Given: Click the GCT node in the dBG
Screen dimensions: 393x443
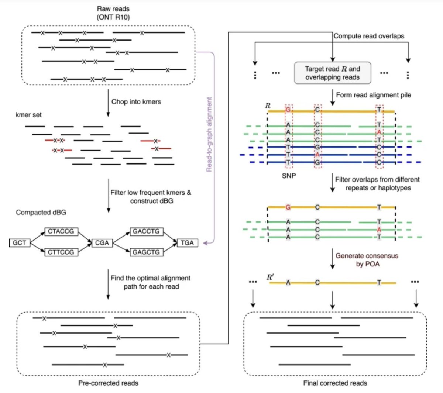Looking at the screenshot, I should tap(19, 242).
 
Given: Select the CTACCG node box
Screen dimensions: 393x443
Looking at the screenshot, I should tap(61, 231).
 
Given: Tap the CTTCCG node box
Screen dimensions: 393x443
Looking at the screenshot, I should tap(61, 252).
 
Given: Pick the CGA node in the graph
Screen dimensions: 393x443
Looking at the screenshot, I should tap(102, 242).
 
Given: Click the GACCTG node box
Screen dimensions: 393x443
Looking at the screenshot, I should tap(146, 231).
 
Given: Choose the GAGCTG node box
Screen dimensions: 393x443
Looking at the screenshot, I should tap(146, 252).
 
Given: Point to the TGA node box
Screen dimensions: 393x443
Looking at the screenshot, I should tap(187, 242).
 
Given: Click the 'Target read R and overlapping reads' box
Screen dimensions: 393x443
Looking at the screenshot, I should tap(332, 73).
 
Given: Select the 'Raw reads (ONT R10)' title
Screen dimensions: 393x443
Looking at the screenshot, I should tap(113, 13).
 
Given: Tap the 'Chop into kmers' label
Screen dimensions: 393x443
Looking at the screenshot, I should tap(136, 102).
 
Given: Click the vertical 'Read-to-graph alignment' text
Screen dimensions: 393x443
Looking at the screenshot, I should tap(209, 134).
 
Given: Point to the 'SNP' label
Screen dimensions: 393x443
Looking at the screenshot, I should tap(289, 176).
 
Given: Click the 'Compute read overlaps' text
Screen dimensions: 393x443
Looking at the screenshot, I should tap(368, 36).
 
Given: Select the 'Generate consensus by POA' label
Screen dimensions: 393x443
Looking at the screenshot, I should tap(367, 260).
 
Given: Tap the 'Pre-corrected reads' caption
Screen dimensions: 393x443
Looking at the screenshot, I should tap(108, 383).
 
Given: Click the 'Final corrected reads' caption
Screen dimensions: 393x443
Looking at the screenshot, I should tap(335, 383).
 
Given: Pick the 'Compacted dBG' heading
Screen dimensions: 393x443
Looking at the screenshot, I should tap(41, 213).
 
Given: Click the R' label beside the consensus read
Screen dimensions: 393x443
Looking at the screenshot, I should tap(271, 277).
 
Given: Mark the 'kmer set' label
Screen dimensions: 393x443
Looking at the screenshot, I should tap(28, 115).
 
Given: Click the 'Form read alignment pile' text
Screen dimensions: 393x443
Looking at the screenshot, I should tap(373, 95).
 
